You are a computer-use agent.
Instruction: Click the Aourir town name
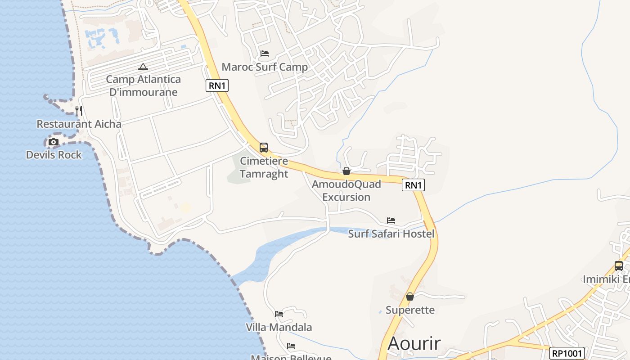(414, 343)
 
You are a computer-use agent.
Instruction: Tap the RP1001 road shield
(567, 353)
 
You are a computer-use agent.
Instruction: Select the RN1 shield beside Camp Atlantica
(217, 85)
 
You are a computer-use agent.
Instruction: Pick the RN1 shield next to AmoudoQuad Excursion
(413, 185)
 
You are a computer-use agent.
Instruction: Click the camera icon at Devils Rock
(54, 142)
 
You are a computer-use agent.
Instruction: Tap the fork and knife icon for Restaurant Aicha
(78, 110)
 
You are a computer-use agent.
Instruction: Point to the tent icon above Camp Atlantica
(143, 67)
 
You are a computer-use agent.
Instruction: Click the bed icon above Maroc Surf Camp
(265, 54)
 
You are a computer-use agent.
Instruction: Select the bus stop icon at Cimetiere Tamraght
(264, 148)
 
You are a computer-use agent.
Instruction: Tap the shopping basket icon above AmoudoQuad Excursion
(346, 171)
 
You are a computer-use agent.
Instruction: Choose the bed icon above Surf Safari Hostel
(391, 220)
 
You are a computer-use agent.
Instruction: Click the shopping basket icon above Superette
(410, 297)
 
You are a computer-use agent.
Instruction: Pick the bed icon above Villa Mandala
(279, 314)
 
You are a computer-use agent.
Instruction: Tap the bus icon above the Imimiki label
(619, 265)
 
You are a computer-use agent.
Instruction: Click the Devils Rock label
(54, 155)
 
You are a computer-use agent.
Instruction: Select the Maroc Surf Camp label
(265, 67)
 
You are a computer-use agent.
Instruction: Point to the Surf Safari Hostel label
(391, 234)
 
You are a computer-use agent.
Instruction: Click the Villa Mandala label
(279, 327)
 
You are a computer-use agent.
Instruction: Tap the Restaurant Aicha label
(79, 124)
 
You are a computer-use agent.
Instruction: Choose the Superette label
(410, 310)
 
